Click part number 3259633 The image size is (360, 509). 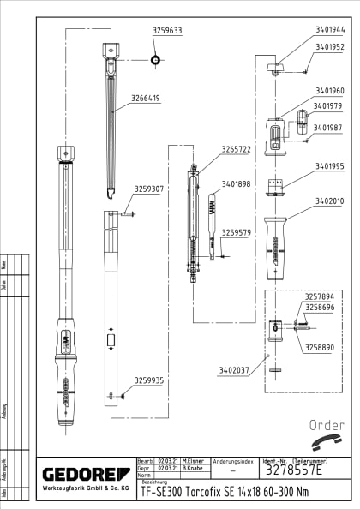167,30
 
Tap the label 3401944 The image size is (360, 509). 329,28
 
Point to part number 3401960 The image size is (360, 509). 329,90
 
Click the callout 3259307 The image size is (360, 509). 148,189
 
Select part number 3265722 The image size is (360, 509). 236,149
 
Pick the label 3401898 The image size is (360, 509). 236,183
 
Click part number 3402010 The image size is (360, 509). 329,201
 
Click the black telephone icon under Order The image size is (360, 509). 327,444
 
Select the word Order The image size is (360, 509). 327,425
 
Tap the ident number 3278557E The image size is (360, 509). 292,470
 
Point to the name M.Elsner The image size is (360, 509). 193,460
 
